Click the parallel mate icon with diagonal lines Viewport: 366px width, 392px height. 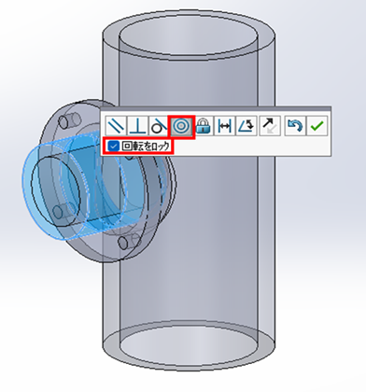(116, 126)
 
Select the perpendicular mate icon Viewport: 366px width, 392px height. (138, 126)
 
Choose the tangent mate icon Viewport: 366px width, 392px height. (159, 126)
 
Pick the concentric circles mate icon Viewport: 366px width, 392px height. (181, 126)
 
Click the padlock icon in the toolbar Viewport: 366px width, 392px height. (204, 126)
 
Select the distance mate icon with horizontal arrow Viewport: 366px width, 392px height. (224, 126)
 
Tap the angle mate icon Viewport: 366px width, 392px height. (246, 126)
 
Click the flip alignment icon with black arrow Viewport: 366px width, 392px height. (270, 126)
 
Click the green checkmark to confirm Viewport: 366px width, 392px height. (317, 126)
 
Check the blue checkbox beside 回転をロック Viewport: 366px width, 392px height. (114, 146)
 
